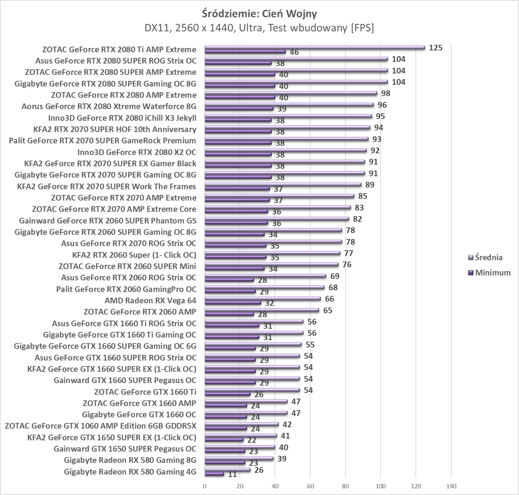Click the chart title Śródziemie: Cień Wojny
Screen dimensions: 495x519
click(x=259, y=14)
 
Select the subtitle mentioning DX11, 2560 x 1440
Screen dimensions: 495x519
click(x=259, y=28)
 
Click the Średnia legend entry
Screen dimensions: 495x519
click(x=489, y=257)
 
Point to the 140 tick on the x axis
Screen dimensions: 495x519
click(x=451, y=486)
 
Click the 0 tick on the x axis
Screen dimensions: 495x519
click(x=205, y=486)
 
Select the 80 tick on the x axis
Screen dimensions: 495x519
click(x=345, y=486)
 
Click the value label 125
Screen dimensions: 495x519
click(x=436, y=48)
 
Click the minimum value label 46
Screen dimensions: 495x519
click(x=294, y=52)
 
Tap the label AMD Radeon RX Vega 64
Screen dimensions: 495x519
click(x=150, y=300)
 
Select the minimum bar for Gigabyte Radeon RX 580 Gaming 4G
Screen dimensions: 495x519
click(x=214, y=474)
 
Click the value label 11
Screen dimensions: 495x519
click(x=232, y=474)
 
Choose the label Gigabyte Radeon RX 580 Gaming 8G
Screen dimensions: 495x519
click(x=130, y=460)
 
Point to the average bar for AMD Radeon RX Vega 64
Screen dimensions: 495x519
click(x=262, y=299)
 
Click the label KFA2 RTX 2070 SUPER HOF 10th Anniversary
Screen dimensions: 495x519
click(x=115, y=129)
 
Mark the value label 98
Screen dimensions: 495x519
click(x=386, y=93)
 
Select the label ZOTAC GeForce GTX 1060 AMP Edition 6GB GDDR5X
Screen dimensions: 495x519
click(x=100, y=426)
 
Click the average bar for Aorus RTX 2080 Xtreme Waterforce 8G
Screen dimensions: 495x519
click(x=289, y=104)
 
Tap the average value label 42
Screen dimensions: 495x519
click(x=287, y=425)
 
